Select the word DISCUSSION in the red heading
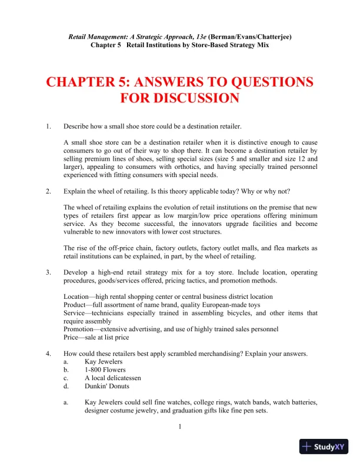coord(180,98)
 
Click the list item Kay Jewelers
coord(104,361)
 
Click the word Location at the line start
coord(76,297)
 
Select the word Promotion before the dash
coord(78,329)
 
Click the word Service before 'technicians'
coord(74,313)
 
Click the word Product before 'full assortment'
coord(75,305)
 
